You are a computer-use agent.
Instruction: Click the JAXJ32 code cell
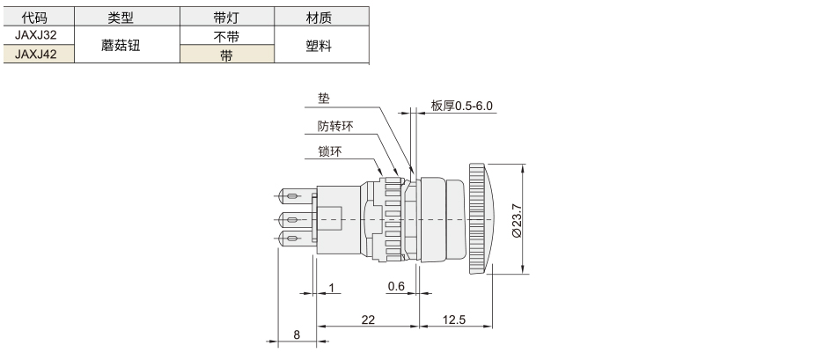pyautogui.click(x=36, y=35)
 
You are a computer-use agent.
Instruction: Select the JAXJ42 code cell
pyautogui.click(x=36, y=54)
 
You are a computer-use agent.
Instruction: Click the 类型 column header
pyautogui.click(x=121, y=18)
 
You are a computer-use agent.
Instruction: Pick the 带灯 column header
pyautogui.click(x=226, y=18)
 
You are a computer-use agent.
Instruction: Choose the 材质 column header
pyautogui.click(x=320, y=18)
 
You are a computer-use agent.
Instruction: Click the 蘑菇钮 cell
pyautogui.click(x=121, y=45)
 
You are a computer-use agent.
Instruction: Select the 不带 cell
pyautogui.click(x=226, y=35)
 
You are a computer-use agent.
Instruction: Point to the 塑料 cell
pyautogui.click(x=320, y=45)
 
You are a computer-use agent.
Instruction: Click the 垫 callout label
pyautogui.click(x=323, y=99)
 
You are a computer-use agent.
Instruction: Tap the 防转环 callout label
pyautogui.click(x=335, y=126)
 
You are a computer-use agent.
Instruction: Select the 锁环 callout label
pyautogui.click(x=330, y=151)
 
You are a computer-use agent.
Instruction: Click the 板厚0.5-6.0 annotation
pyautogui.click(x=461, y=106)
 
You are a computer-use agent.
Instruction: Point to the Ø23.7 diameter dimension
pyautogui.click(x=518, y=220)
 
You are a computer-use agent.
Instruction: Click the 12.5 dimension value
pyautogui.click(x=453, y=320)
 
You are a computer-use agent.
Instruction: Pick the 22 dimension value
pyautogui.click(x=368, y=320)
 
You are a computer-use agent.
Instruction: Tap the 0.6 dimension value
pyautogui.click(x=396, y=286)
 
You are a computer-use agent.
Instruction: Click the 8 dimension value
pyautogui.click(x=297, y=334)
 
